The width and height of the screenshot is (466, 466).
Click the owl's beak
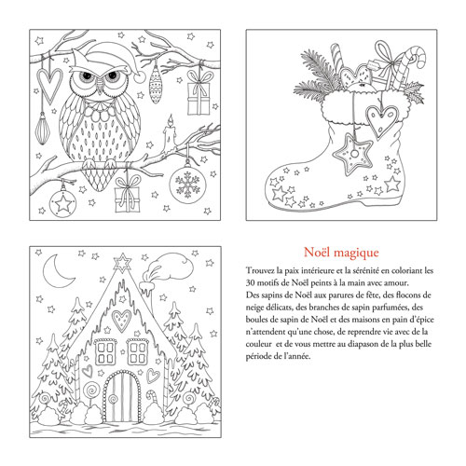click(99, 88)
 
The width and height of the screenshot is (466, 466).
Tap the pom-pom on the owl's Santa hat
click(140, 76)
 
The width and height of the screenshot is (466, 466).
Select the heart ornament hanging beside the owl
click(49, 85)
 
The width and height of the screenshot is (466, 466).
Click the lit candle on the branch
click(170, 132)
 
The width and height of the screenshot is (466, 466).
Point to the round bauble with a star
click(63, 203)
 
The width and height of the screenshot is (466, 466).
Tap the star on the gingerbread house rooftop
click(122, 263)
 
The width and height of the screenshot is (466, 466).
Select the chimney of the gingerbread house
click(146, 288)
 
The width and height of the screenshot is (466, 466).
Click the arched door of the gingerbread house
click(121, 396)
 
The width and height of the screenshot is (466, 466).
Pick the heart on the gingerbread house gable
click(121, 320)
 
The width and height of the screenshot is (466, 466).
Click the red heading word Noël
click(320, 252)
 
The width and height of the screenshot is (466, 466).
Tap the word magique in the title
click(360, 254)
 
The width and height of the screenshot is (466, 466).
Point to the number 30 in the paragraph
click(251, 283)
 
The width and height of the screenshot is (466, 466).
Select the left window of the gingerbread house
click(105, 352)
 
